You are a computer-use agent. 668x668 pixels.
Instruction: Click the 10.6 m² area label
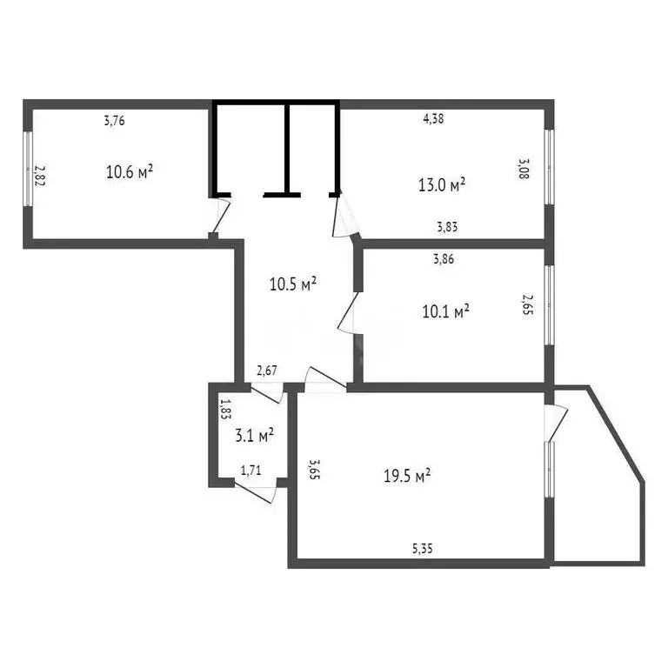tap(130, 171)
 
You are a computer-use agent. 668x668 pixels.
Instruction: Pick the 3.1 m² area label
tap(255, 433)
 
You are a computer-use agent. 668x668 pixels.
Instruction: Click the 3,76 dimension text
tap(115, 122)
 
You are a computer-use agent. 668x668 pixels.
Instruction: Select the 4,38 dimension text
tap(433, 119)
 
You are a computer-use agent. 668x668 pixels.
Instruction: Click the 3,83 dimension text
tap(448, 227)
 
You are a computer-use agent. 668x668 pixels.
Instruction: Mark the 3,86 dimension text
tap(444, 258)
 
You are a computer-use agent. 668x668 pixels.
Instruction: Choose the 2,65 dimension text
tap(526, 305)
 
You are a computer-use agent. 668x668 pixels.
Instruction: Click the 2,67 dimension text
tap(267, 371)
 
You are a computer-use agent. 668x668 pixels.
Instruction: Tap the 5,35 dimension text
tap(424, 549)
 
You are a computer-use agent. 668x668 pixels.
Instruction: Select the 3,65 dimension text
tap(315, 470)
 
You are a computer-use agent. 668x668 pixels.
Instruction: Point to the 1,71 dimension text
tap(250, 471)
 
